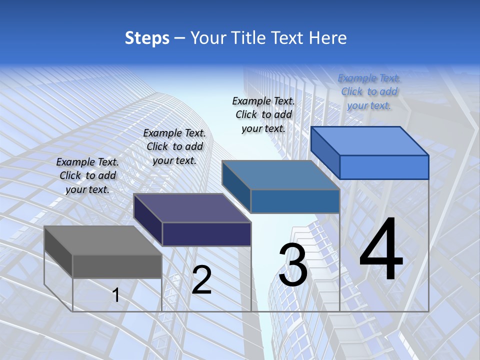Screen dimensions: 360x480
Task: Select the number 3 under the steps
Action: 292,265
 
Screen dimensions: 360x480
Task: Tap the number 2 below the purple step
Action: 202,280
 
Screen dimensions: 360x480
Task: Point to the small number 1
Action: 116,295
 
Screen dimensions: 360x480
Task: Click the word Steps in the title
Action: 147,38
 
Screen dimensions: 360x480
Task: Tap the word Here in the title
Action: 328,38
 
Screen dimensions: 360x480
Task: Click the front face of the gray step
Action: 117,266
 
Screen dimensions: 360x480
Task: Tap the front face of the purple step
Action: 206,234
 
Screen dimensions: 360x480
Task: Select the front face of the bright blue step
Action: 384,167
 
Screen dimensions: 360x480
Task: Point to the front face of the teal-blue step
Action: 295,201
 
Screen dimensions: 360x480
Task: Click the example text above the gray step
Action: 87,175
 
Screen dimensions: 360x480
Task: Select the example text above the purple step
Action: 174,146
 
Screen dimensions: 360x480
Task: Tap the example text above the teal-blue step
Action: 263,114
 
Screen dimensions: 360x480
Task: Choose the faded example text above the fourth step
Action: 369,91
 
